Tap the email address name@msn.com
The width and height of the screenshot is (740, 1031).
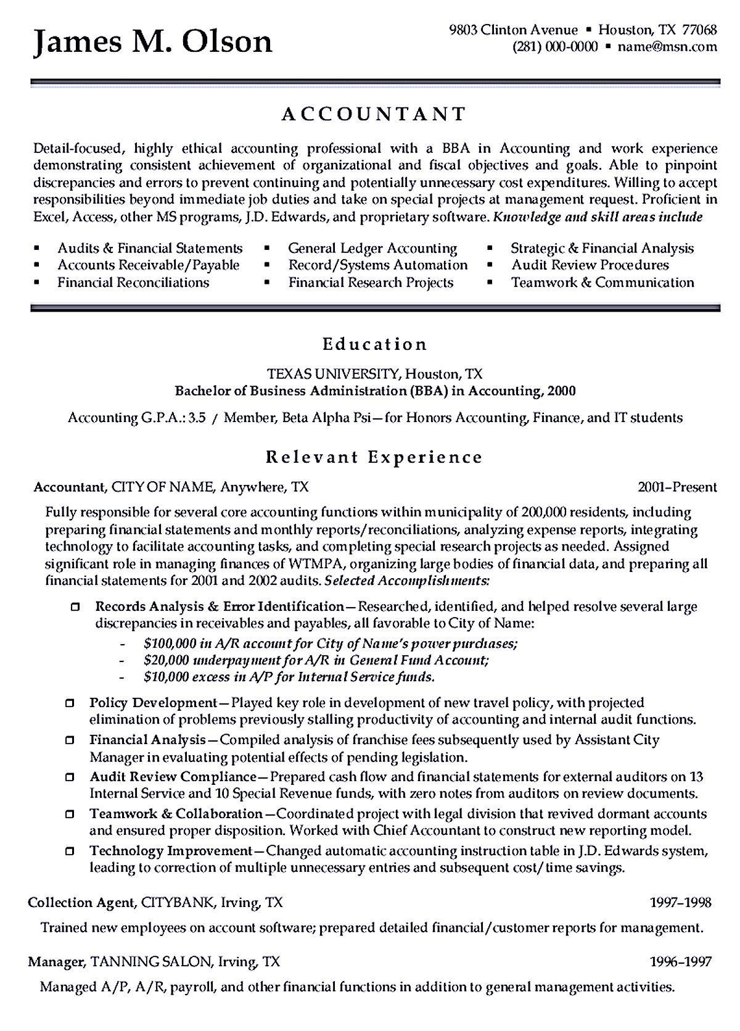667,47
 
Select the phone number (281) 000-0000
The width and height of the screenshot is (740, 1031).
555,47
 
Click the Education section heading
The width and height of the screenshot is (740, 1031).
375,344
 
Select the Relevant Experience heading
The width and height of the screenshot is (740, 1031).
374,457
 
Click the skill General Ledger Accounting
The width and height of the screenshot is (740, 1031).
372,248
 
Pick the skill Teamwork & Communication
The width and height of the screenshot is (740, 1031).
602,283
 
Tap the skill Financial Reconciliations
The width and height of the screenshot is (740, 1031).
133,283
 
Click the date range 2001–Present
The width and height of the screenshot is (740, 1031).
677,487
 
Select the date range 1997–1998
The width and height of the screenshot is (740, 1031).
681,903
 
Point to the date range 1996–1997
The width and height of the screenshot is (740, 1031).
681,961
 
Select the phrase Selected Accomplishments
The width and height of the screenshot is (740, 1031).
407,581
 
